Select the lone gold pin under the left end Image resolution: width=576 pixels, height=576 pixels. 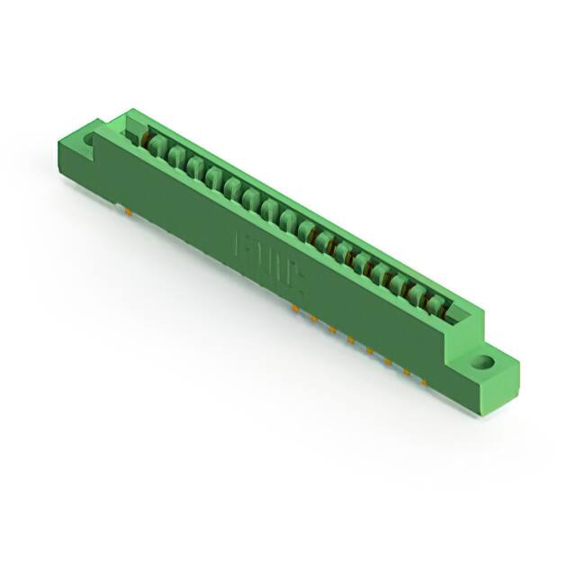128,212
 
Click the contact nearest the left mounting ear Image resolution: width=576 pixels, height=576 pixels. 154,143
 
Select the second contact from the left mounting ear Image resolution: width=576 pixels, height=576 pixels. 174,154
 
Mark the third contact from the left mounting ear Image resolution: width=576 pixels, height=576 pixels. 193,165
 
